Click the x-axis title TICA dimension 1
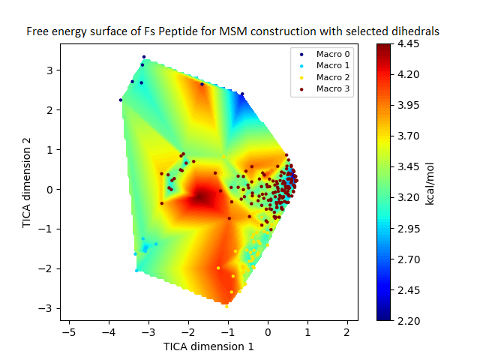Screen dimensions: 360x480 point(208,346)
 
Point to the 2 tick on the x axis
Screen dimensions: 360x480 point(346,331)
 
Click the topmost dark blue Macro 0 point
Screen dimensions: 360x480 point(144,57)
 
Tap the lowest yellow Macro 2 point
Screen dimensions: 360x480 point(226,306)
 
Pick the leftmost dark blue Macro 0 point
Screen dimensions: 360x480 point(120,100)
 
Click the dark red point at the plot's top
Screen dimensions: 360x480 point(202,84)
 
